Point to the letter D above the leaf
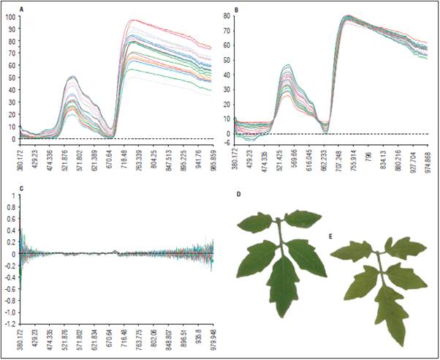pos(238,195)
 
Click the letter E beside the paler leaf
pos(330,237)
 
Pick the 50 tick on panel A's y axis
pos(12,78)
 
